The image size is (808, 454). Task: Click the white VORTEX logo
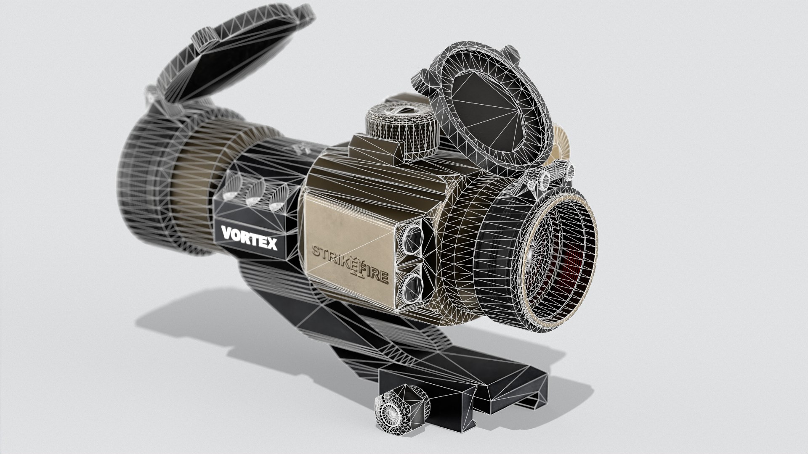(249, 238)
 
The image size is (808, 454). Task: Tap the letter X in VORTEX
(271, 244)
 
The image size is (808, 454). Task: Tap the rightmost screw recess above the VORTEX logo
(277, 199)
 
